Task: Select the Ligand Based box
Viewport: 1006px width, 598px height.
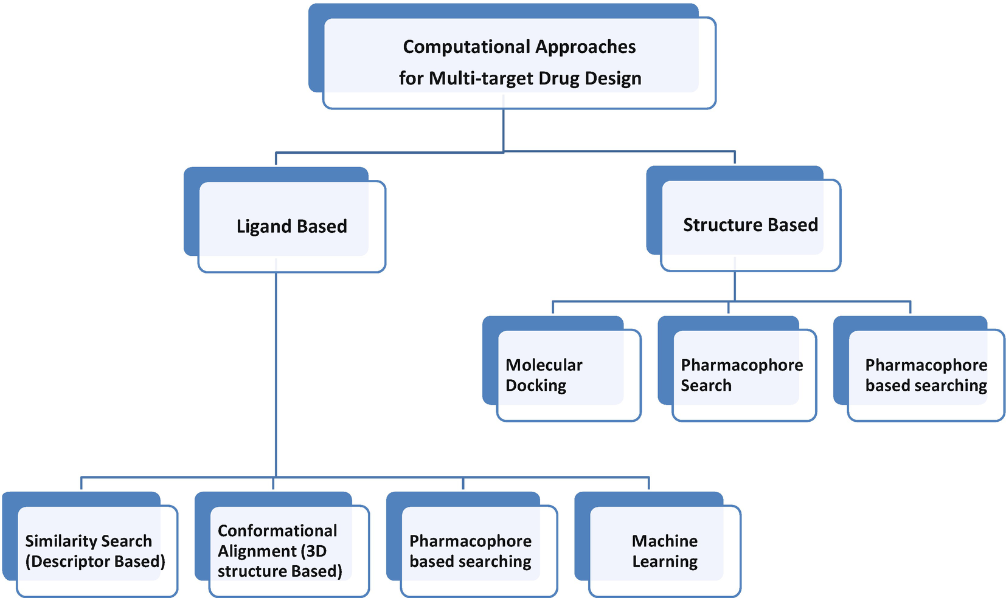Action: click(291, 226)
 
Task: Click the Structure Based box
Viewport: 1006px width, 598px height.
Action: click(750, 225)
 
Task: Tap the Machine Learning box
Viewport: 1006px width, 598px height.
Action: click(664, 551)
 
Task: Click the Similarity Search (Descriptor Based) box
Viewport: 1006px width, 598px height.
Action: click(95, 551)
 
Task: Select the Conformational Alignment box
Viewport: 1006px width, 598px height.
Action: click(280, 551)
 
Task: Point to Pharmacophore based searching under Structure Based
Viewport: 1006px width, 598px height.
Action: click(926, 375)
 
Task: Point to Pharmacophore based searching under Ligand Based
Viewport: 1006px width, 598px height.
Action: click(470, 551)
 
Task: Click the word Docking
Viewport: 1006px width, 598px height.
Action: click(536, 386)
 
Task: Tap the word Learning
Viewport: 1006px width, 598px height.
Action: click(665, 562)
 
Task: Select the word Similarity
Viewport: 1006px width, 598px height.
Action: click(53, 541)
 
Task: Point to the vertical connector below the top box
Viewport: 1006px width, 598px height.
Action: click(504, 130)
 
